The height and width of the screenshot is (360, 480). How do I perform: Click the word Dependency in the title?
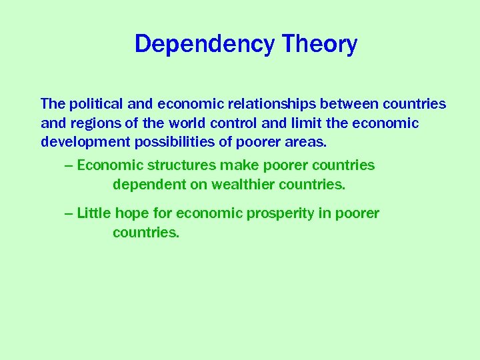point(205,45)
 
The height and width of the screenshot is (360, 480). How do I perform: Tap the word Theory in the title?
point(319,45)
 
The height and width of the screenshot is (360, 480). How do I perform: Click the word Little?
point(94,213)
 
